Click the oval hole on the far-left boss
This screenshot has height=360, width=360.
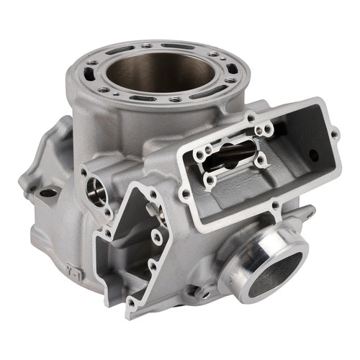pyautogui.click(x=48, y=192)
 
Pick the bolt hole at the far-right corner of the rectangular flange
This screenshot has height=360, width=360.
pyautogui.click(x=334, y=134)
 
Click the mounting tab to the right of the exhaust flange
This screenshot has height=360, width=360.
pyautogui.click(x=308, y=213)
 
